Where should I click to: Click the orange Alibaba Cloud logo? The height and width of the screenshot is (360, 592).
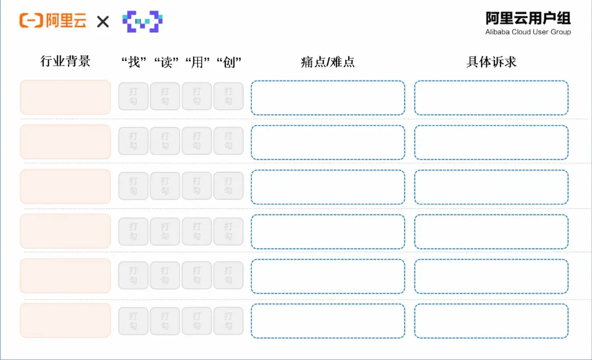(x=53, y=20)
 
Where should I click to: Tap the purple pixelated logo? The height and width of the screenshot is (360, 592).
(x=143, y=21)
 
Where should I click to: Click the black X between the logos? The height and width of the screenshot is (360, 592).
(x=103, y=22)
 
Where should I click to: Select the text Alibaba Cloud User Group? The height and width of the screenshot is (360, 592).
(x=528, y=32)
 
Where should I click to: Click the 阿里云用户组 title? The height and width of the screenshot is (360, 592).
(x=528, y=18)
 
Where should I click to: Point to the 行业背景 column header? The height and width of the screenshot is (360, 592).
(x=65, y=61)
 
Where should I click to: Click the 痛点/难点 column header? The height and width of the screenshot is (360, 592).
(x=328, y=62)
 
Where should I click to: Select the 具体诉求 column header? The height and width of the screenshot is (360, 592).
(x=491, y=62)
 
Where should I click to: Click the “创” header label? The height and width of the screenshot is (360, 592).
(x=229, y=62)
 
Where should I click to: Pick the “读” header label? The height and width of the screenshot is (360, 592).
(x=166, y=62)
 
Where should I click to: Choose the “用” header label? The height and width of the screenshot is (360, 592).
(x=197, y=62)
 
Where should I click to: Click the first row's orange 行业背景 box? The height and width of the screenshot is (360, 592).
(x=65, y=97)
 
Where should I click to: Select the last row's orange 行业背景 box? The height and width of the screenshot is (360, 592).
(x=65, y=321)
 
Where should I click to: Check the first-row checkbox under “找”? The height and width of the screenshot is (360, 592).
(x=133, y=96)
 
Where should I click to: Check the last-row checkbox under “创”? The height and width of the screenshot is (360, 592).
(x=229, y=321)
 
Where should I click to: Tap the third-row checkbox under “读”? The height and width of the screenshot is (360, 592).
(x=165, y=186)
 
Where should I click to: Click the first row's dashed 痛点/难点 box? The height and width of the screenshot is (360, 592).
(x=328, y=98)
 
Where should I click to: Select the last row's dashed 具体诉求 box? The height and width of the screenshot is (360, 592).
(x=491, y=321)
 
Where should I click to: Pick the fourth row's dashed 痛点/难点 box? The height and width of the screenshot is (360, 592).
(x=328, y=232)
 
